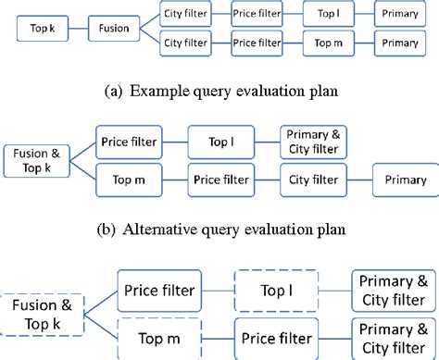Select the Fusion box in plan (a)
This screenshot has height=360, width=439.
114,28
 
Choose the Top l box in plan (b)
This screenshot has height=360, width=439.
220,142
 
